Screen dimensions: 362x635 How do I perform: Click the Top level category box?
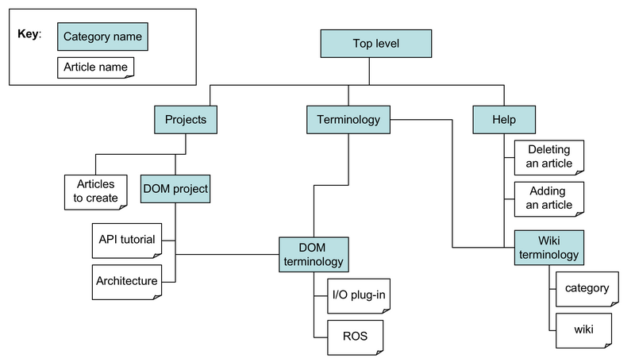click(x=375, y=44)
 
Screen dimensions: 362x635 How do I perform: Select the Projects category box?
click(x=185, y=120)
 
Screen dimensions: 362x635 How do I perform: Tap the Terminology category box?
click(x=348, y=120)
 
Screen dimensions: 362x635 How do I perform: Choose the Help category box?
click(x=504, y=120)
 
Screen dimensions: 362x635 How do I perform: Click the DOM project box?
click(x=175, y=189)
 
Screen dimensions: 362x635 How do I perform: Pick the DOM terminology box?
click(x=314, y=254)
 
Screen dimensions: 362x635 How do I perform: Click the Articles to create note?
click(x=95, y=191)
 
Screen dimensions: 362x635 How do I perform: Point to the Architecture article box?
click(x=127, y=281)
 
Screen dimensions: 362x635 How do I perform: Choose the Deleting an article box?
click(x=549, y=156)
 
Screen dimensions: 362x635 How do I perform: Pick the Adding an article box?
click(x=549, y=198)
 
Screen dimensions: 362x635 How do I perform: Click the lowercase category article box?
click(x=586, y=289)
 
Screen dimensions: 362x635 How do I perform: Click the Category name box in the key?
click(x=102, y=37)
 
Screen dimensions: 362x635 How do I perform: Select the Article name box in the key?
click(x=95, y=67)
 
